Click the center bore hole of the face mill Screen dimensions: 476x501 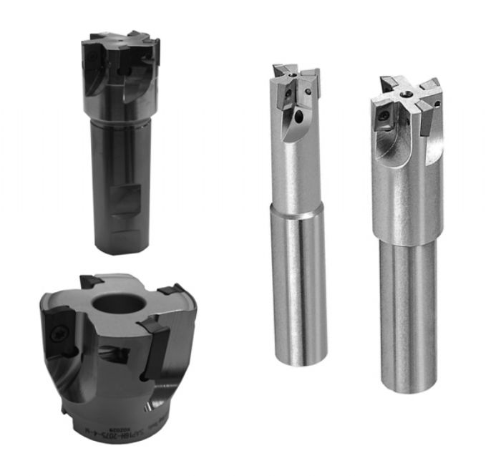click(x=120, y=303)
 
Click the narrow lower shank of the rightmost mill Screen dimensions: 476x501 click(x=408, y=315)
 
